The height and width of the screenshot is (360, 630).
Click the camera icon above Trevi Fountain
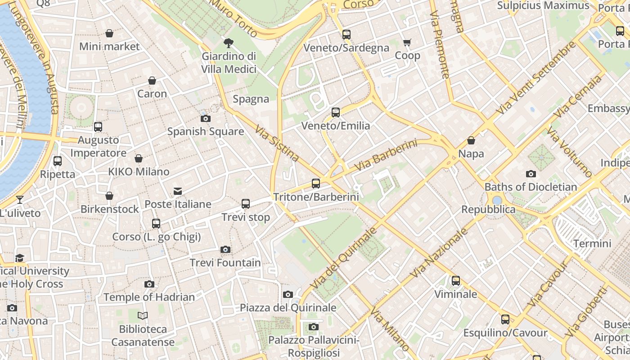pyautogui.click(x=225, y=249)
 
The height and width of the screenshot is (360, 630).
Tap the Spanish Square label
pyautogui.click(x=206, y=132)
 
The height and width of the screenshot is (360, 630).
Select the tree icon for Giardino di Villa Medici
pyautogui.click(x=229, y=43)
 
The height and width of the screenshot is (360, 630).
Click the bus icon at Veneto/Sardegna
pyautogui.click(x=346, y=35)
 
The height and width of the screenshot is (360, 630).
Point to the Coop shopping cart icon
pyautogui.click(x=407, y=43)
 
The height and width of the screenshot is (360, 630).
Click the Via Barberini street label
pyautogui.click(x=386, y=155)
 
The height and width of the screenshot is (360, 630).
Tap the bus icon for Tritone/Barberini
pyautogui.click(x=316, y=184)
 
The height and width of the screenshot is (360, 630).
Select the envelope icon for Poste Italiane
pyautogui.click(x=178, y=191)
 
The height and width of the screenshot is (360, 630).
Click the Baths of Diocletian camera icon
pyautogui.click(x=531, y=174)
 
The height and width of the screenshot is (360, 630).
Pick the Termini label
pyautogui.click(x=592, y=244)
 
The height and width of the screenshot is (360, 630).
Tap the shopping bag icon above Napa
pyautogui.click(x=471, y=141)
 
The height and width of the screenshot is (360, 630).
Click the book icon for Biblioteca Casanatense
pyautogui.click(x=143, y=316)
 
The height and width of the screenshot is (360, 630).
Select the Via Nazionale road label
pyautogui.click(x=439, y=253)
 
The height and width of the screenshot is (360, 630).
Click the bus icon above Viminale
pyautogui.click(x=456, y=281)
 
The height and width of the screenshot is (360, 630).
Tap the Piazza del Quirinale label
pyautogui.click(x=288, y=308)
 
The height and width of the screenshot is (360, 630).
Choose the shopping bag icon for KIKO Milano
pyautogui.click(x=139, y=159)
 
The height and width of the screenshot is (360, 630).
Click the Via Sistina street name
pyautogui.click(x=277, y=143)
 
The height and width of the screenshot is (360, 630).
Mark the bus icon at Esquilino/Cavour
pyautogui.click(x=505, y=319)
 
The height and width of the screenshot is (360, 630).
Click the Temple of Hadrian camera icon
pyautogui.click(x=149, y=284)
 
